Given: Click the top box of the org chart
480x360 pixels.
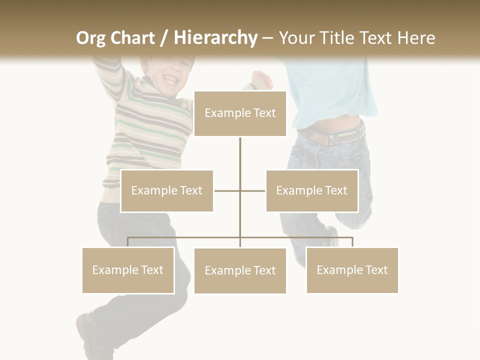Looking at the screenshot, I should pyautogui.click(x=240, y=113).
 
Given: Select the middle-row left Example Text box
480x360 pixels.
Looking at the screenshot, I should pyautogui.click(x=167, y=190).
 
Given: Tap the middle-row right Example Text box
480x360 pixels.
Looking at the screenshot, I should pyautogui.click(x=312, y=190).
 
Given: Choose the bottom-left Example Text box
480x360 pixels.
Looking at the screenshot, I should pyautogui.click(x=128, y=270).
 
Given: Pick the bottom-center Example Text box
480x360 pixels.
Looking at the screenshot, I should pyautogui.click(x=240, y=270).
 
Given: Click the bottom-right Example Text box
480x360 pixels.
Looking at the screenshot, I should pyautogui.click(x=352, y=270).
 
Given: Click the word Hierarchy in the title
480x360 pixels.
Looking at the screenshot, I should pyautogui.click(x=215, y=37).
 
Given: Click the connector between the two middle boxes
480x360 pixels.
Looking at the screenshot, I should pyautogui.click(x=239, y=190).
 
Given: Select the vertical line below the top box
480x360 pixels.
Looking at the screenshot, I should pyautogui.click(x=240, y=160).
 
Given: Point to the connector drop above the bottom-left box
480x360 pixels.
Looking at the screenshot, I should pyautogui.click(x=128, y=242).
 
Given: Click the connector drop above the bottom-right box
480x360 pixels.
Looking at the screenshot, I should pyautogui.click(x=352, y=242).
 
